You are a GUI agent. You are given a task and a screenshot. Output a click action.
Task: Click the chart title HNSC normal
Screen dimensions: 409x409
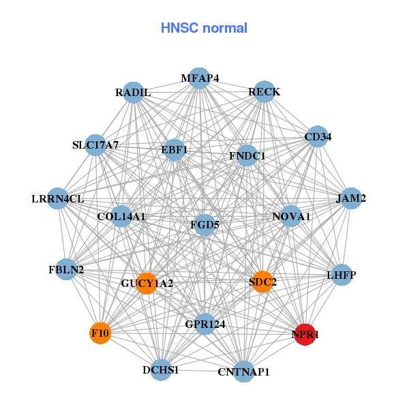click(x=204, y=28)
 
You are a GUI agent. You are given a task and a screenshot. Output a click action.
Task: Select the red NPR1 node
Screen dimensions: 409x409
click(x=304, y=334)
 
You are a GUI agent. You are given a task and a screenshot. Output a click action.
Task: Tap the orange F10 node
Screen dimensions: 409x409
click(x=100, y=333)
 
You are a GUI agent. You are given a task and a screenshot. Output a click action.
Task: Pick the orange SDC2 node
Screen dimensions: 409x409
click(x=262, y=282)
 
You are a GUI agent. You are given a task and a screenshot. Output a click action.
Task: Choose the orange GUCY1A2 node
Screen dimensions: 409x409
click(x=147, y=283)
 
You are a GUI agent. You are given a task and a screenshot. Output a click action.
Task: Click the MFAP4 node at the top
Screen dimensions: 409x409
click(x=199, y=78)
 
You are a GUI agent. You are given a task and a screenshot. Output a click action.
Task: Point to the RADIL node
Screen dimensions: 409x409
click(x=133, y=93)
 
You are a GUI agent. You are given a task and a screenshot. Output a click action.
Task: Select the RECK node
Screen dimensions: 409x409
click(x=264, y=92)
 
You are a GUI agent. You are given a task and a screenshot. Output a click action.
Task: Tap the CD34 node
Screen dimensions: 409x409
click(x=317, y=137)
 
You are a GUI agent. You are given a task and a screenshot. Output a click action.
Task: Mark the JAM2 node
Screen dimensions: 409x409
click(x=351, y=199)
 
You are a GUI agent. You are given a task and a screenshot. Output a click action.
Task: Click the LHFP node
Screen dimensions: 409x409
click(x=341, y=275)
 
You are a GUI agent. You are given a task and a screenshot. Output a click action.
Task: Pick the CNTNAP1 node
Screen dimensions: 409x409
click(x=243, y=372)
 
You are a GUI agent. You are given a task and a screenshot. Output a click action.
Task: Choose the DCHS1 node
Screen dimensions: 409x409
click(x=161, y=369)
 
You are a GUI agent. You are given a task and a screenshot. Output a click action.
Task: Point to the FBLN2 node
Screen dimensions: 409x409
click(x=67, y=270)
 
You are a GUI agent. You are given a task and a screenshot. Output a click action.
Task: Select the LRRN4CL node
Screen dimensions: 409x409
click(x=58, y=199)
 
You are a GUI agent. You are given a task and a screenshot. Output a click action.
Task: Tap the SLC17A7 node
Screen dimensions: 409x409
click(x=96, y=145)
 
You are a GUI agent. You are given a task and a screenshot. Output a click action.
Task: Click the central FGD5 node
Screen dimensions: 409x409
click(x=205, y=224)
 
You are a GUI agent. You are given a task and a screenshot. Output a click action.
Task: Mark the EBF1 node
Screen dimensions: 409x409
click(x=175, y=149)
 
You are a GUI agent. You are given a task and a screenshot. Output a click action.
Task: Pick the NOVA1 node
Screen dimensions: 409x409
click(x=291, y=217)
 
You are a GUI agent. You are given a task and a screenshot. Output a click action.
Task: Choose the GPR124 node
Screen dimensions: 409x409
click(x=205, y=325)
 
